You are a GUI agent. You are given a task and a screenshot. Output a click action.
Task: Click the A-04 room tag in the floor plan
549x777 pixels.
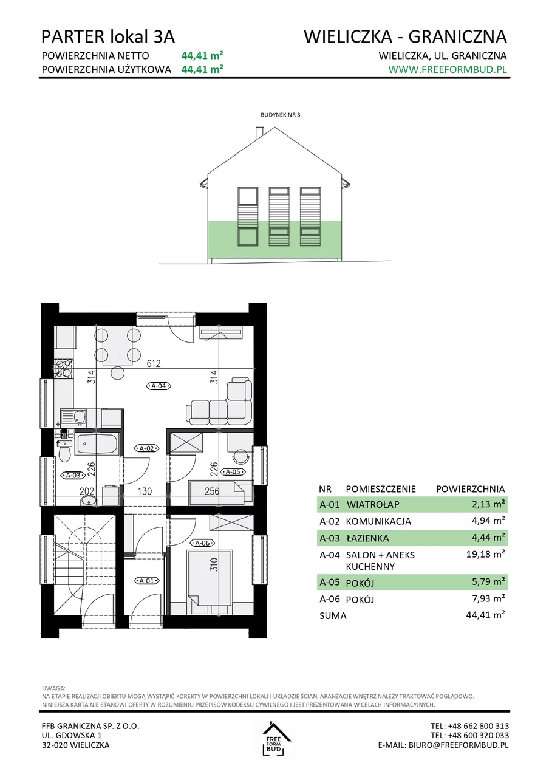(159, 385)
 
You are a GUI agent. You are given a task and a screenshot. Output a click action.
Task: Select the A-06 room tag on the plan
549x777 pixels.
(203, 543)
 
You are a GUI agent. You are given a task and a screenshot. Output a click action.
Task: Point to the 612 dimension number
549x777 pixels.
(154, 363)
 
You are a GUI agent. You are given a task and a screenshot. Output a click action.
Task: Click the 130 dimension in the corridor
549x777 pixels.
(145, 491)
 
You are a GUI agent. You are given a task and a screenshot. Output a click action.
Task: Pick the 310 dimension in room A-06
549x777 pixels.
(214, 564)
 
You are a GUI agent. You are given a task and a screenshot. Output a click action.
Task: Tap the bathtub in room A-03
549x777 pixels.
(97, 444)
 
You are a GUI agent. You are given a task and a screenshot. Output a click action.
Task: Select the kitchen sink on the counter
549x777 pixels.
(74, 417)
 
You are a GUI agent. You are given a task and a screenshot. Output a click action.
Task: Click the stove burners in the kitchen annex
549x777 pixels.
(63, 368)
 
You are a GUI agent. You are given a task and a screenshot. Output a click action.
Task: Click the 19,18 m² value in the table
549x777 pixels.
(485, 554)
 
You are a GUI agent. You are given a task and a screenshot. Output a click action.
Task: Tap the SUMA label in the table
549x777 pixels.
(333, 615)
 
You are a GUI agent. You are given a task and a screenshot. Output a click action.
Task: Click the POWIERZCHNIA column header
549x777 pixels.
(470, 489)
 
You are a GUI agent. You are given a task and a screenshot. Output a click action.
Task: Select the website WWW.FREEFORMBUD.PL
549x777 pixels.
(448, 69)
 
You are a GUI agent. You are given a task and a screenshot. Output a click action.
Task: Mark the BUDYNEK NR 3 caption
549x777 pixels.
(280, 115)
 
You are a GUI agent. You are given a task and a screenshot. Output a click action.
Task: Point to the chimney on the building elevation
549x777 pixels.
(259, 133)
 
